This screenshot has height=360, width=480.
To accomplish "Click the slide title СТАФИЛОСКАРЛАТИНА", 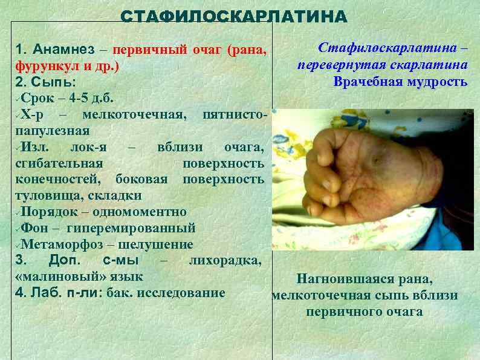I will (234, 16).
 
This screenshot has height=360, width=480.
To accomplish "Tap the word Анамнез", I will (59, 49).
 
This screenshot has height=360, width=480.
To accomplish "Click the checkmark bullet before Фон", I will (16, 229).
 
